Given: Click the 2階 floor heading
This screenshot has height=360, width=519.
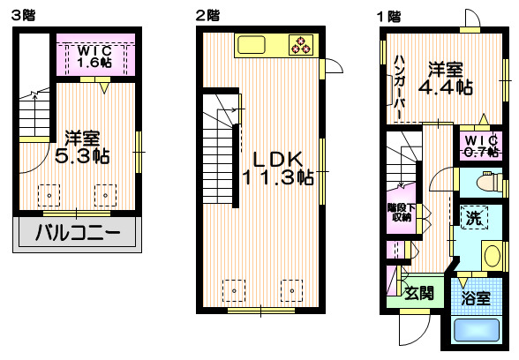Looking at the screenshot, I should [x=207, y=15].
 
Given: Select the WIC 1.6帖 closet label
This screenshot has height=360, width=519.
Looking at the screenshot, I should [x=93, y=56].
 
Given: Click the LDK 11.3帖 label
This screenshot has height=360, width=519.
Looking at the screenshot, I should [x=278, y=168].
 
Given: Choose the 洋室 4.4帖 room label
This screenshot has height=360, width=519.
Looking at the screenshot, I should [x=445, y=78].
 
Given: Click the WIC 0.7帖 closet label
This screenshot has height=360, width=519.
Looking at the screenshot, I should [x=482, y=146].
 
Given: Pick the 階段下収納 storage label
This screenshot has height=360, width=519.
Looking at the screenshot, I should [x=400, y=213].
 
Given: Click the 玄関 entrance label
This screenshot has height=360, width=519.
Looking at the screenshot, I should [x=418, y=292].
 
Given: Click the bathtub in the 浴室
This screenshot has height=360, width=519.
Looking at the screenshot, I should [x=478, y=331].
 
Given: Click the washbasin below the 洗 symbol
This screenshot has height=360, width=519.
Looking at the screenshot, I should [x=492, y=256].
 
